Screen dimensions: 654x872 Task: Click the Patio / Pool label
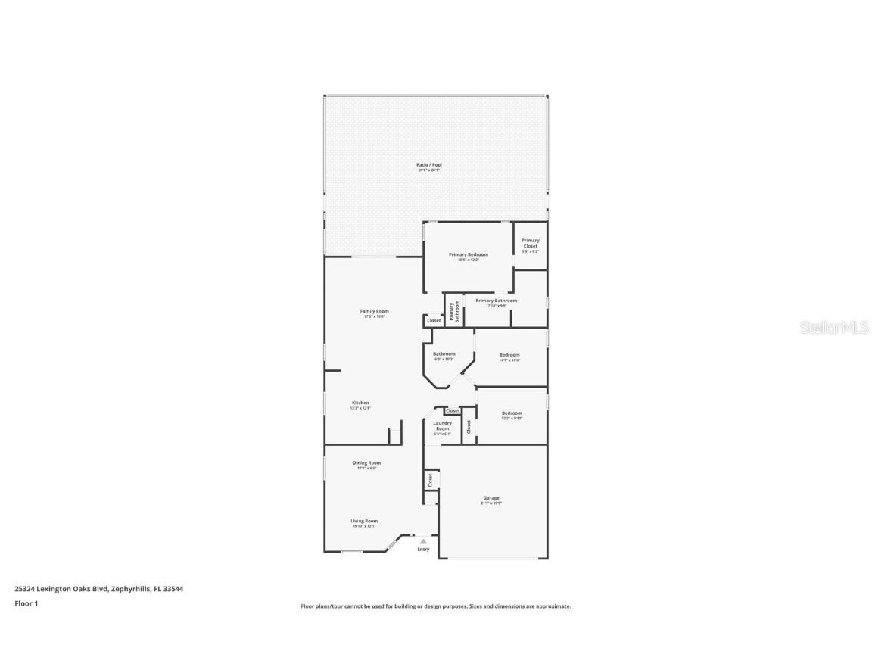[x=429, y=164]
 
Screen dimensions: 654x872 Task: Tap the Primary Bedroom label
[x=468, y=254]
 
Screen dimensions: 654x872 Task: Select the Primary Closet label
[x=530, y=243]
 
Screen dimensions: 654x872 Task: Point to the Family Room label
[x=374, y=311]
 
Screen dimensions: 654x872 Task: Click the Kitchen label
[x=360, y=403]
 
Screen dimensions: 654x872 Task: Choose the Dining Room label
[x=366, y=462]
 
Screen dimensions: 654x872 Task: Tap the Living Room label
[x=364, y=521]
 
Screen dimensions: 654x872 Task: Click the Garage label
[x=491, y=498]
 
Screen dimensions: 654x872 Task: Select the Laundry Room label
[x=442, y=425]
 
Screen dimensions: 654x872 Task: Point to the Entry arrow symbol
[x=423, y=541]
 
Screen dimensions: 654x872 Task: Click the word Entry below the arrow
[x=423, y=550]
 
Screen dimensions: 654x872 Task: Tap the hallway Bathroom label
[x=444, y=353]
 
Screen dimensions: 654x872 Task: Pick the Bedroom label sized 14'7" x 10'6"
[x=509, y=355]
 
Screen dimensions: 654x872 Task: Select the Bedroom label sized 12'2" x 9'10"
[x=512, y=413]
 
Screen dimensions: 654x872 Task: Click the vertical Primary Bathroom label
[x=453, y=312]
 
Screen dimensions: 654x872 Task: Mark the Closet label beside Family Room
[x=434, y=321]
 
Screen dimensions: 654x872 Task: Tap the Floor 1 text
[x=26, y=603]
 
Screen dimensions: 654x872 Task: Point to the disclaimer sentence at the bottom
[x=436, y=606]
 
